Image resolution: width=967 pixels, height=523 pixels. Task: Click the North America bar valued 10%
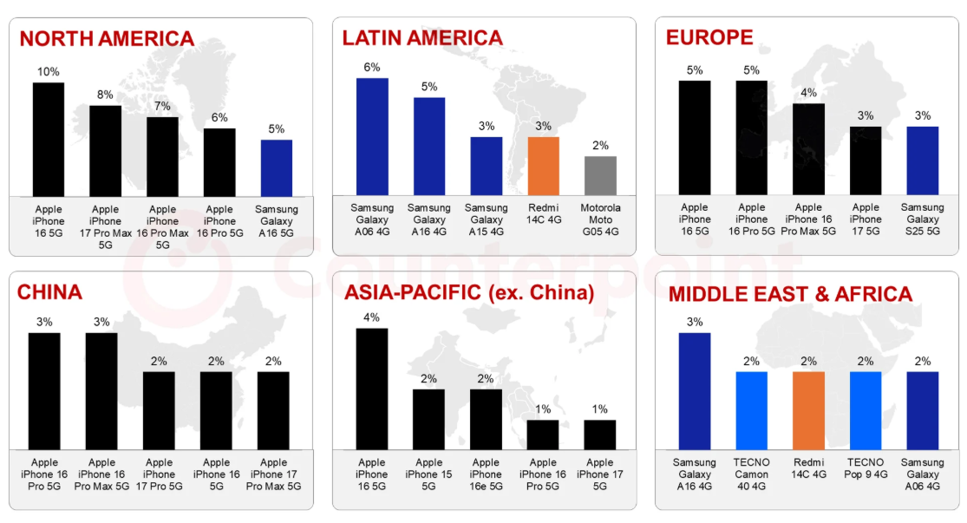(x=48, y=140)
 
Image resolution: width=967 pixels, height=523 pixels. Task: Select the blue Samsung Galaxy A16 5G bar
(x=277, y=168)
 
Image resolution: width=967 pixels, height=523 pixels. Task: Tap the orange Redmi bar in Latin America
(x=543, y=166)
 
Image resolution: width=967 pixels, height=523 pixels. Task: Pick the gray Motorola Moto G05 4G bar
(x=600, y=176)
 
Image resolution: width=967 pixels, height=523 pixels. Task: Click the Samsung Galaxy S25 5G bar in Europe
(x=923, y=161)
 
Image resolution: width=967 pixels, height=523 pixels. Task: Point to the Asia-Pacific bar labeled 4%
(x=372, y=389)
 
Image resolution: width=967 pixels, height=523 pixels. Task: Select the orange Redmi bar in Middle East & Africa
(x=808, y=411)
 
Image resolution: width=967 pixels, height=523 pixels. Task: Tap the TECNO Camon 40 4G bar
(x=751, y=411)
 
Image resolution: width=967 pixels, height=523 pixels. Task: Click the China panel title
(x=49, y=291)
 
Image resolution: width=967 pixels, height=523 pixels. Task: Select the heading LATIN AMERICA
(x=422, y=37)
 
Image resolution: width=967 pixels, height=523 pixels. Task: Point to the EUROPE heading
(x=709, y=37)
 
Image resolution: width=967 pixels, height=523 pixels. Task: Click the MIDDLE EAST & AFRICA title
(x=790, y=293)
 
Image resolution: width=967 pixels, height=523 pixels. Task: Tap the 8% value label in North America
(x=105, y=95)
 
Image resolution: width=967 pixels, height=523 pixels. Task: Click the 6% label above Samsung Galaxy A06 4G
(x=372, y=68)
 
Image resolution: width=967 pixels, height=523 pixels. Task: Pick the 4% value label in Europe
(x=808, y=93)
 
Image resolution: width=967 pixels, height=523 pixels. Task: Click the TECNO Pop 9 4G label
(x=866, y=468)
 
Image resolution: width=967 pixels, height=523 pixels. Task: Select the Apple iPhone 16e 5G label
(x=486, y=474)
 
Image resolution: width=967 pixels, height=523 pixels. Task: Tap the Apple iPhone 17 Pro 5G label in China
(x=159, y=474)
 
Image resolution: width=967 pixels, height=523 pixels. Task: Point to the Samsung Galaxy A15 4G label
(x=487, y=219)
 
